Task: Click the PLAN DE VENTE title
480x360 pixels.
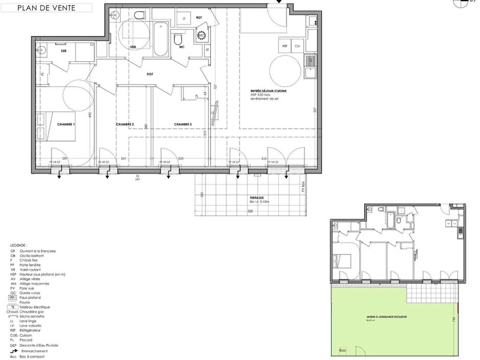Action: point(46,8)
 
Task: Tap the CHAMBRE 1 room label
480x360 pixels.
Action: point(66,124)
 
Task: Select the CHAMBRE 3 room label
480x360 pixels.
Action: point(183,124)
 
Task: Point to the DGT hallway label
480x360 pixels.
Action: point(150,74)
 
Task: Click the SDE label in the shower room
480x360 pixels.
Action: point(64,51)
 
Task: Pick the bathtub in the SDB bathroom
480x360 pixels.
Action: point(161,40)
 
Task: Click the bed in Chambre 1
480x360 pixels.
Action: point(61,126)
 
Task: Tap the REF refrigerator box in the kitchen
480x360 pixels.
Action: point(285,46)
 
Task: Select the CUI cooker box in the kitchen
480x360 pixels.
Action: point(298,46)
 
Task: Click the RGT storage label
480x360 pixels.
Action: point(199,17)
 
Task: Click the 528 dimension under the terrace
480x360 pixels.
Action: point(250,210)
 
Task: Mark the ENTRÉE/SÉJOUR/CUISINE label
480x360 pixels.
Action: point(265,91)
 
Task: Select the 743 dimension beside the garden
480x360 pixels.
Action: point(454,319)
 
